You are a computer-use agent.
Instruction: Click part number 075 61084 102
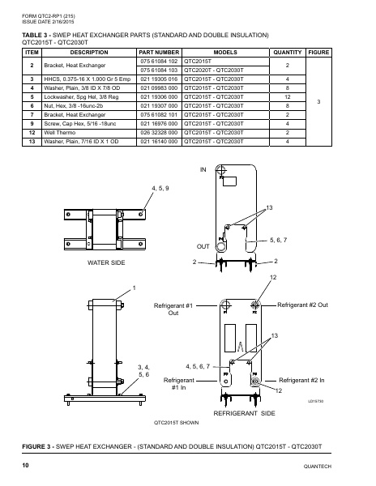[159, 61]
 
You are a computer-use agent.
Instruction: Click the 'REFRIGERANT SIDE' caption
[246, 413]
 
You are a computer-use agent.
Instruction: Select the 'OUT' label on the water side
[203, 244]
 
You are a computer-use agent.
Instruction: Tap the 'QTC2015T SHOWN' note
[177, 423]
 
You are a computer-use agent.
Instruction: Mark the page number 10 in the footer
[26, 466]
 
